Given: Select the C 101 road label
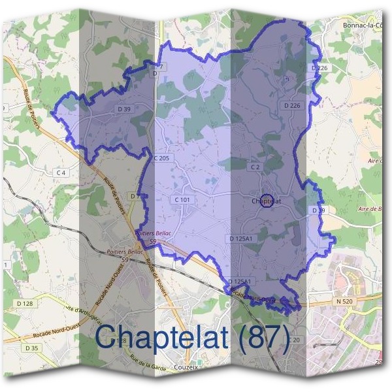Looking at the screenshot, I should tap(182, 199).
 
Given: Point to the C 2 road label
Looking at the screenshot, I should tap(255, 167).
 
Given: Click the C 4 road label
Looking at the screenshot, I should tap(61, 172).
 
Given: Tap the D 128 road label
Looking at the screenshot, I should tap(25, 304).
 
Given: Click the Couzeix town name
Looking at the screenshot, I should tap(191, 368).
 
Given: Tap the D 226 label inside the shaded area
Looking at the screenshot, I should tap(292, 105).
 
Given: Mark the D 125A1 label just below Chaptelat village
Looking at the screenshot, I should tap(241, 240).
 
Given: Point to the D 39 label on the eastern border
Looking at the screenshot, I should tap(318, 210).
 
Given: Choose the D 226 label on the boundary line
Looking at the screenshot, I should tap(319, 68).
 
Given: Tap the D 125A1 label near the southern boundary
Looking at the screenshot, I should tap(239, 282).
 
